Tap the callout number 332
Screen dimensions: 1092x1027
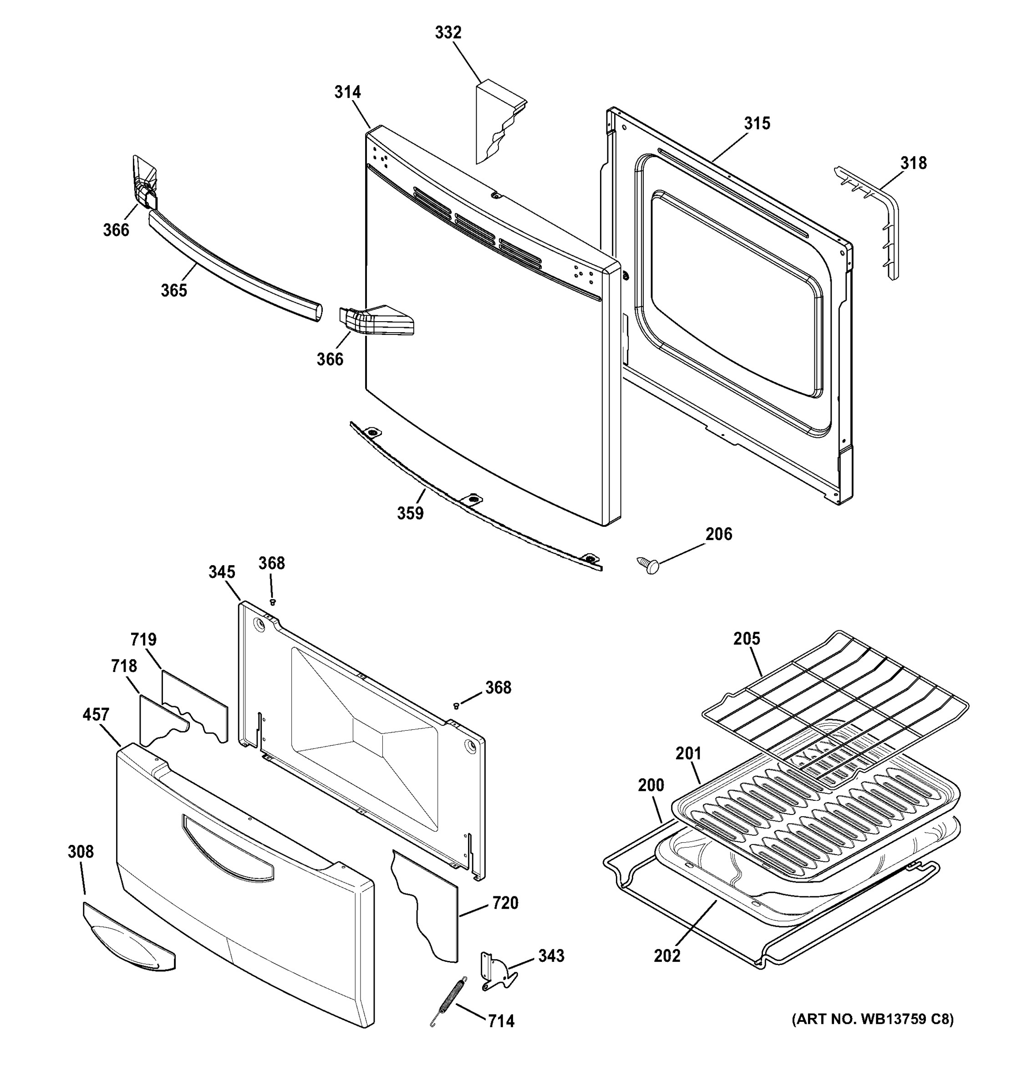pyautogui.click(x=448, y=33)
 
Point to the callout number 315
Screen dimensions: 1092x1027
pyautogui.click(x=757, y=124)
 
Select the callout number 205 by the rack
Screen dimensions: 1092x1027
pyautogui.click(x=746, y=639)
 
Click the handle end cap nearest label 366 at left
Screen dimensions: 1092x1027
pyautogui.click(x=144, y=184)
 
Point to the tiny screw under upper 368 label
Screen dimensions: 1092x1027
pyautogui.click(x=272, y=602)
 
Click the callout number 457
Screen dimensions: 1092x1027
pyautogui.click(x=96, y=715)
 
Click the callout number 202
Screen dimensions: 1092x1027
pyautogui.click(x=666, y=956)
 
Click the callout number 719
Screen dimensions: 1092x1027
pyautogui.click(x=143, y=640)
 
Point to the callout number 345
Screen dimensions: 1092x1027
pyautogui.click(x=221, y=572)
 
